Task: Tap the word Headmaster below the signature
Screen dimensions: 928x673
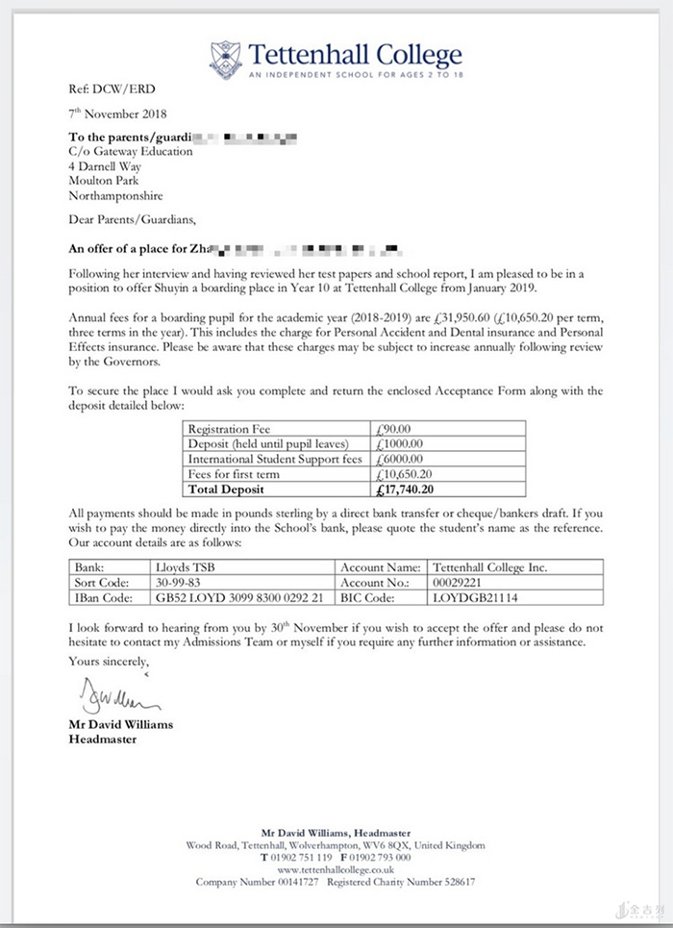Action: (x=103, y=740)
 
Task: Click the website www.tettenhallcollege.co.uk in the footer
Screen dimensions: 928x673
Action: (x=336, y=868)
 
